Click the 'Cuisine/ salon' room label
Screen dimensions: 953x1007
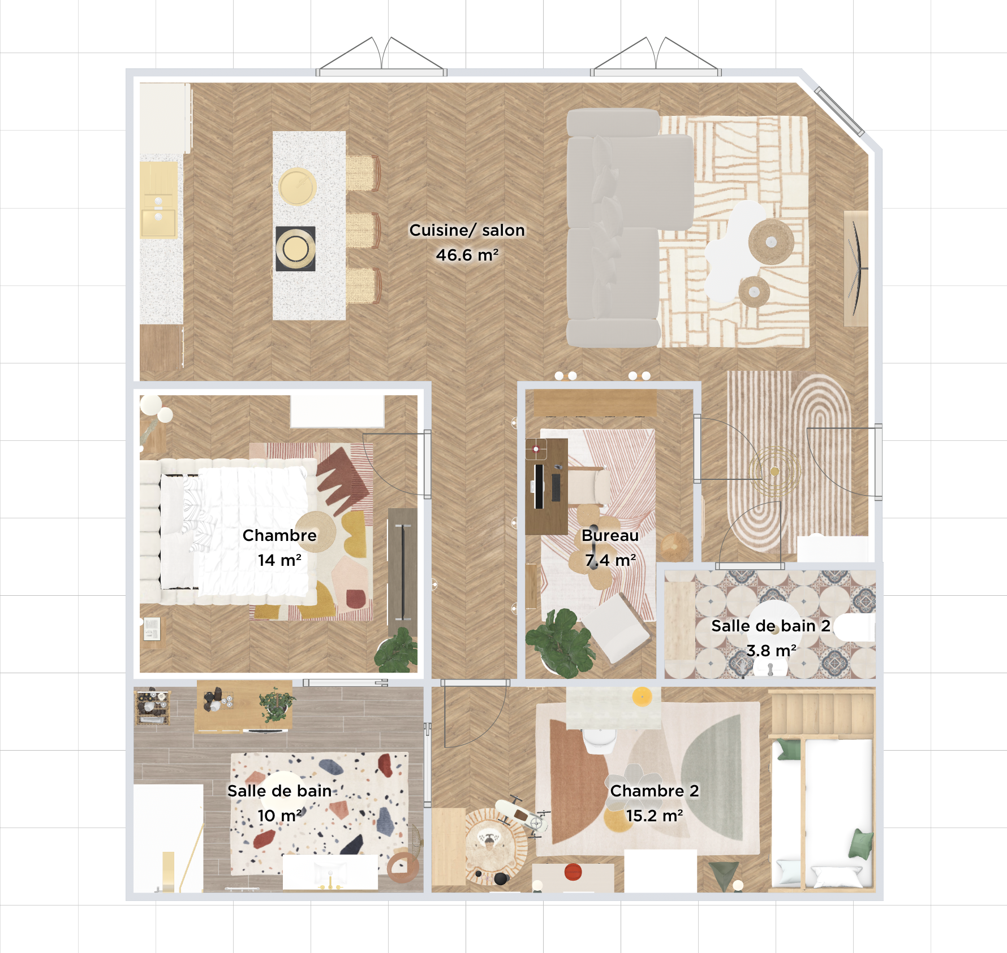[x=467, y=230]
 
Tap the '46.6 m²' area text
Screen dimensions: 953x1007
[x=467, y=255]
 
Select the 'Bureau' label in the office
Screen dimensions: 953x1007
[x=610, y=535]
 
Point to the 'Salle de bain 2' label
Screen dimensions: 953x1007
[x=771, y=626]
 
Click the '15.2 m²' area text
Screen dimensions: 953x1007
[x=655, y=816]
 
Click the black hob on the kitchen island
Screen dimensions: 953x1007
[x=295, y=249]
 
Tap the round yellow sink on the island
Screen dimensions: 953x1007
[x=297, y=187]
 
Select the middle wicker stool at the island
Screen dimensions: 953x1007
[x=362, y=230]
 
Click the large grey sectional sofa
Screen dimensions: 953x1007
[x=614, y=226]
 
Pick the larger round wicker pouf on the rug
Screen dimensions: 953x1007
[x=771, y=242]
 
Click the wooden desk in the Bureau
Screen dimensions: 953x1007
[x=546, y=486]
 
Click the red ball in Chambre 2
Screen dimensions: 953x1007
[x=573, y=871]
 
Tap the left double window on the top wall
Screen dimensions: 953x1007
[x=381, y=72]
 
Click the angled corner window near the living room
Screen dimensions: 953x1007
[x=839, y=111]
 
